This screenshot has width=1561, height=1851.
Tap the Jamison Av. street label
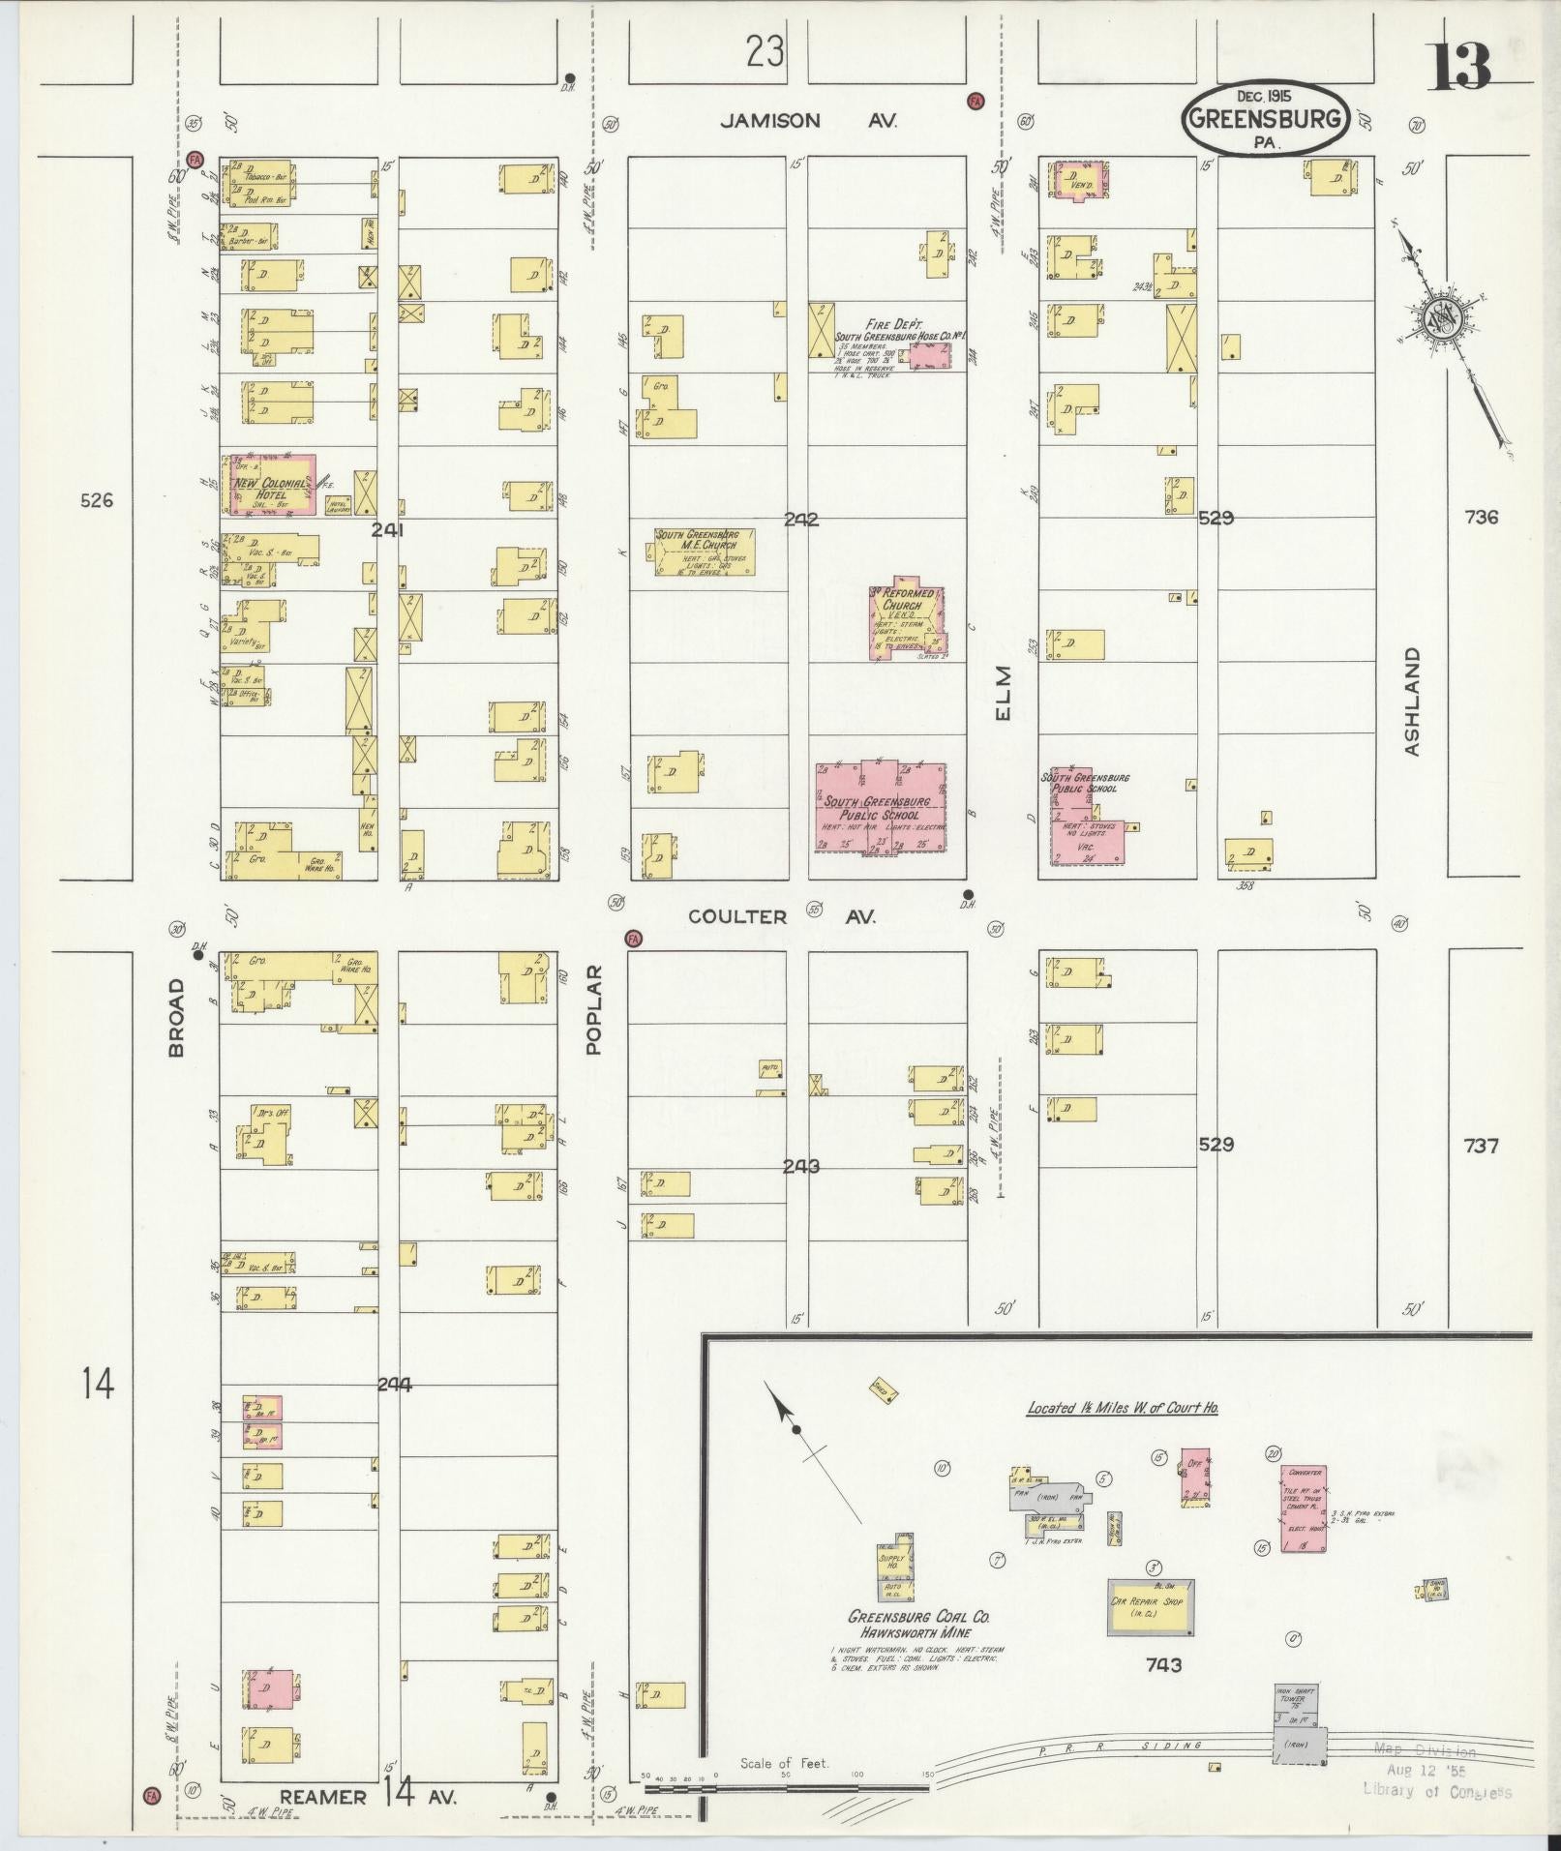[809, 121]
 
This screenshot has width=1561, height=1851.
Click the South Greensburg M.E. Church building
[705, 552]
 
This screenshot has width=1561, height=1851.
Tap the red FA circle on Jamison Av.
[976, 101]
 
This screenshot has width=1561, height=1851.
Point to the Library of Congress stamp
[1436, 1772]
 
